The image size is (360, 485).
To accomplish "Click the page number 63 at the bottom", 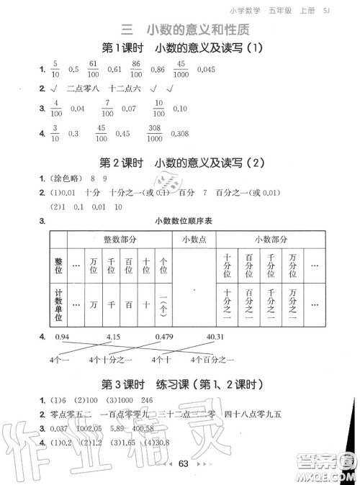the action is tap(182, 463).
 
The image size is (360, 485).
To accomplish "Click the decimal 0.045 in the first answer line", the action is tap(205, 70).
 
